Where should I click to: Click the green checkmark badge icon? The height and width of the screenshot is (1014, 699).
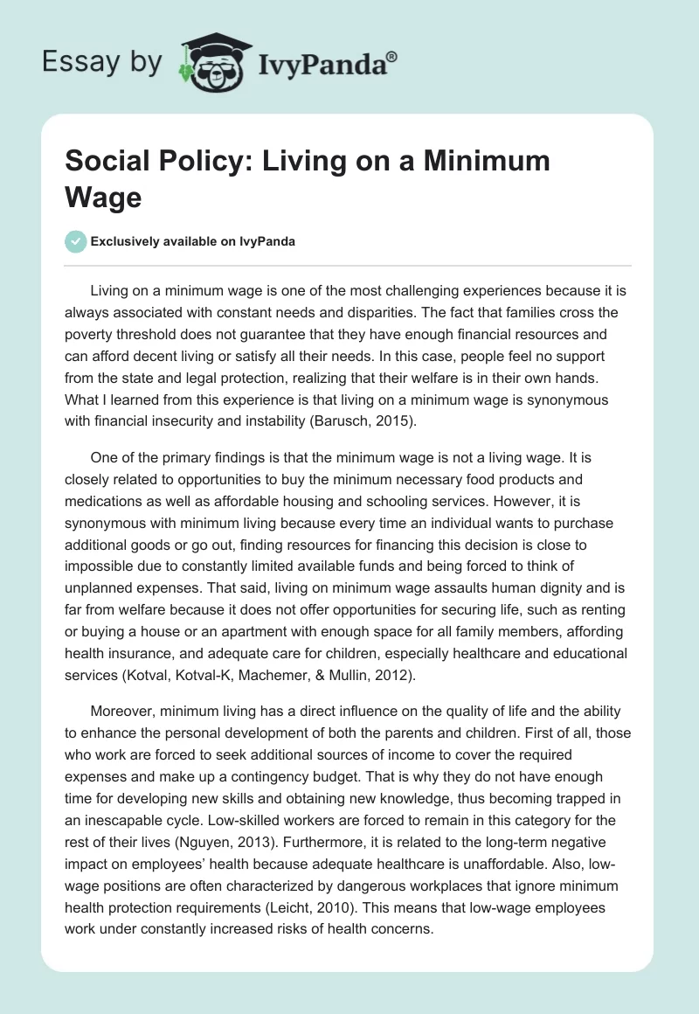coord(76,241)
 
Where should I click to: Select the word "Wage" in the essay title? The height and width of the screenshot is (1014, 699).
coord(103,197)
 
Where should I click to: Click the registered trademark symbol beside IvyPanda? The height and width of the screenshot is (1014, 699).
coord(392,56)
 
